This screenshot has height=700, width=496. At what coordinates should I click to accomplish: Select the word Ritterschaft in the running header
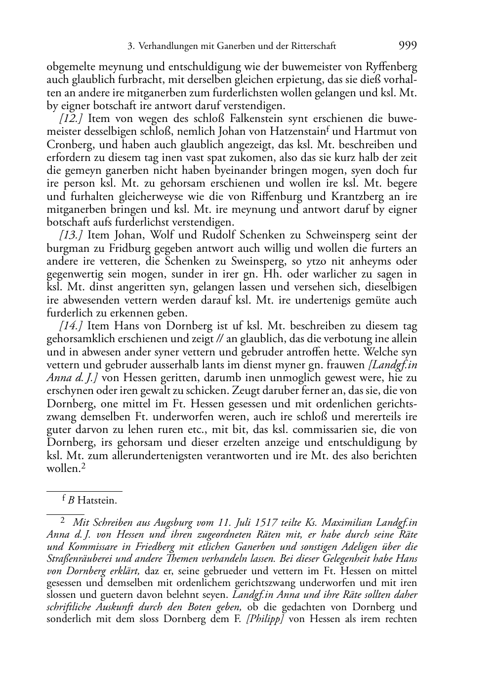point(313,46)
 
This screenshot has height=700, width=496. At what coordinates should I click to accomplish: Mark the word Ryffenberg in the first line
point(391,67)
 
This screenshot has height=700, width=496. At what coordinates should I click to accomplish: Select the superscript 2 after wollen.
point(83,466)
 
